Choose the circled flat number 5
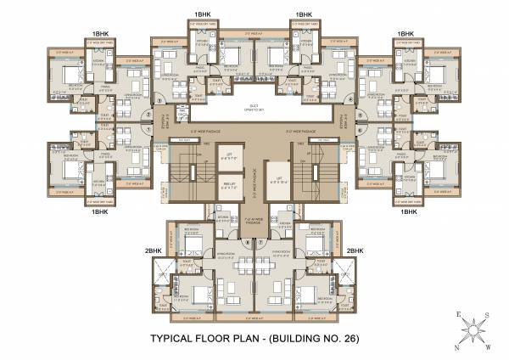pos(362,114)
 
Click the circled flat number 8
pos(246,241)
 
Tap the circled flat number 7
pos(264,241)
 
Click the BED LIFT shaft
pos(229,183)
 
